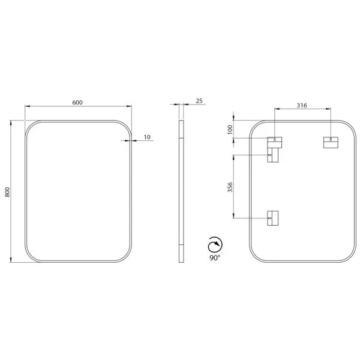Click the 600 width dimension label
pyautogui.click(x=77, y=103)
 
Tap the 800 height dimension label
pyautogui.click(x=7, y=192)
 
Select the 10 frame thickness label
pyautogui.click(x=147, y=137)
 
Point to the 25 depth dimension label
pyautogui.click(x=199, y=101)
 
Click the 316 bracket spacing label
pyautogui.click(x=302, y=106)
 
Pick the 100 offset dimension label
pyautogui.click(x=230, y=130)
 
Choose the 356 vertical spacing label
pyautogui.click(x=230, y=187)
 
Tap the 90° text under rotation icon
pyautogui.click(x=215, y=258)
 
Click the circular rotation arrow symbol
pyautogui.click(x=215, y=245)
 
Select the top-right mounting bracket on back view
pyautogui.click(x=331, y=142)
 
